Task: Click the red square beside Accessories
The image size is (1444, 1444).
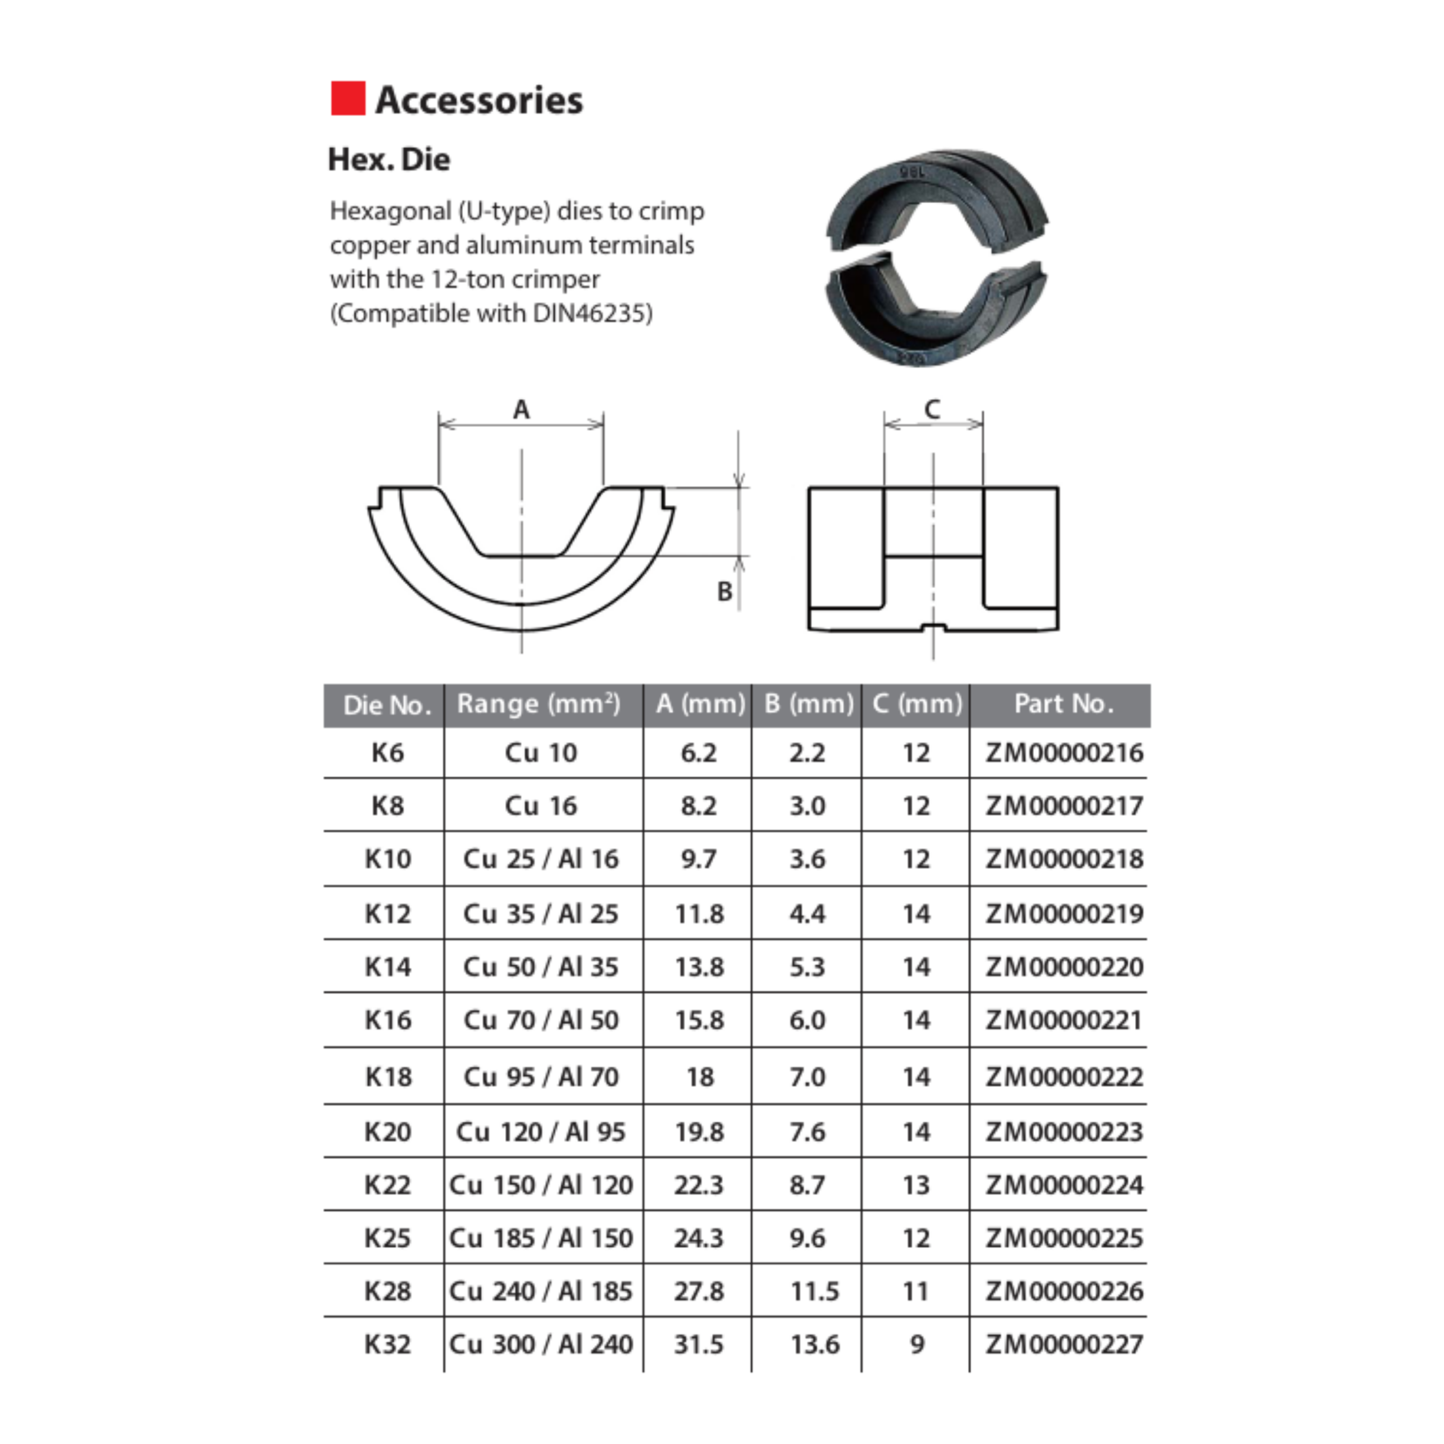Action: (347, 99)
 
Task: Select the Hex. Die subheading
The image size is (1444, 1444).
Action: (389, 159)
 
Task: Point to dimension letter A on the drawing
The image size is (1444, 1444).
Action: (521, 410)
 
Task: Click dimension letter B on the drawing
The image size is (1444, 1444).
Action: (724, 592)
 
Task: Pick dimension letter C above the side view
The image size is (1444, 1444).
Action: (932, 410)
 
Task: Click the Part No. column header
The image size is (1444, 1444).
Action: (1063, 704)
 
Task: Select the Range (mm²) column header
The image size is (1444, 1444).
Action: (539, 704)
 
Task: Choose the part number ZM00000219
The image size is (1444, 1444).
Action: (1064, 913)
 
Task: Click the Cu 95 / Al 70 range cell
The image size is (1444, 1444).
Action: (541, 1077)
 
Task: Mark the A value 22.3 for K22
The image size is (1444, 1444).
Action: (699, 1185)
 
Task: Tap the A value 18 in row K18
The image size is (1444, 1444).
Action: (699, 1077)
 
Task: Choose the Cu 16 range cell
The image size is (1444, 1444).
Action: (541, 805)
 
